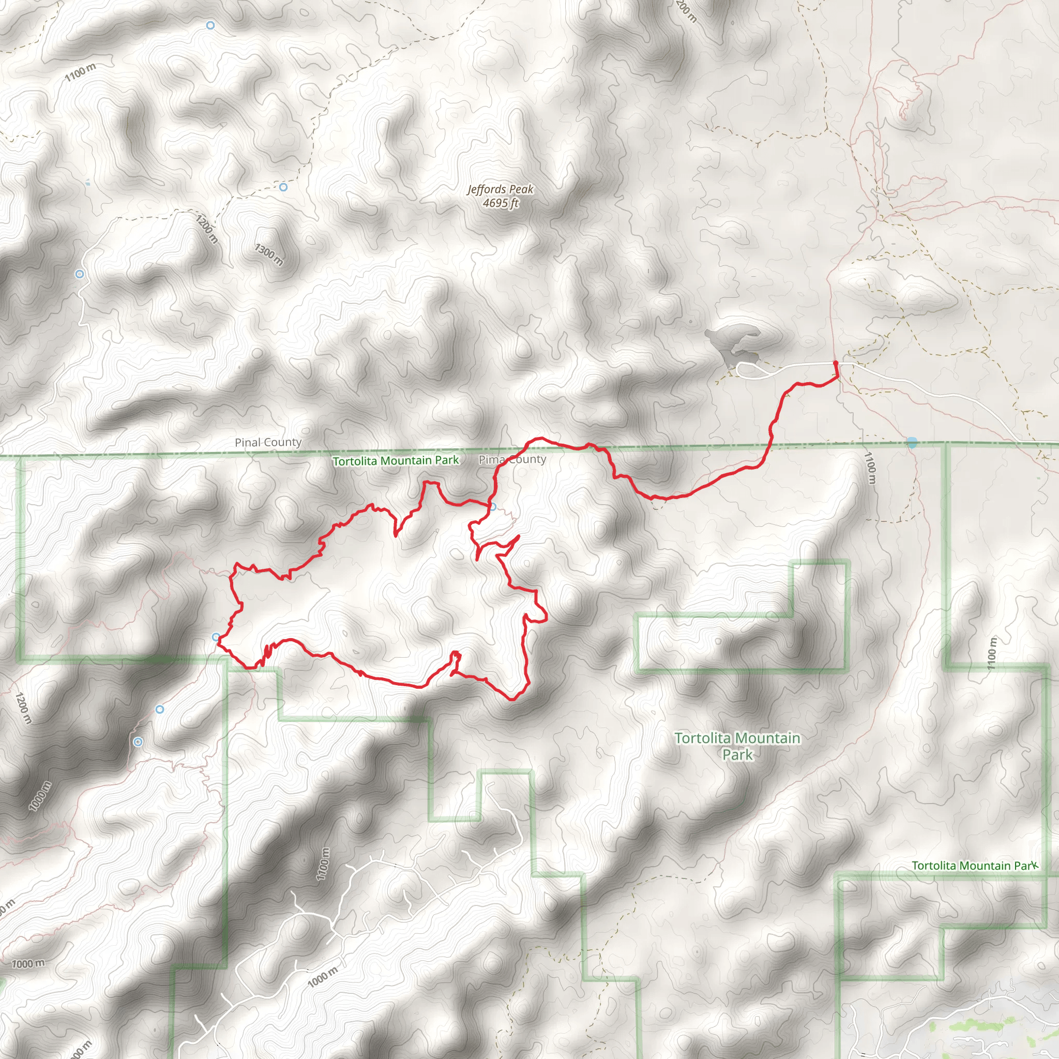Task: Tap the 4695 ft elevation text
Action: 500,203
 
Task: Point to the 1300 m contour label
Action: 268,254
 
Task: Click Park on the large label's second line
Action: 737,755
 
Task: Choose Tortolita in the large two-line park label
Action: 703,738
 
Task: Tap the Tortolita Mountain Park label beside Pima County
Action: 395,461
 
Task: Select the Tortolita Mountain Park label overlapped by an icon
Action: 971,866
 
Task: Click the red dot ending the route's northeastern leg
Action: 835,363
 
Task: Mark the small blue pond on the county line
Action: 912,443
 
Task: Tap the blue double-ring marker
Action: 138,742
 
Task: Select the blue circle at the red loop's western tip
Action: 217,637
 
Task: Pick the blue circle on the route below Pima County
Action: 493,507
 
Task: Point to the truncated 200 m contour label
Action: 686,11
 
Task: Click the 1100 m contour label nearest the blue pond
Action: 870,467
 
